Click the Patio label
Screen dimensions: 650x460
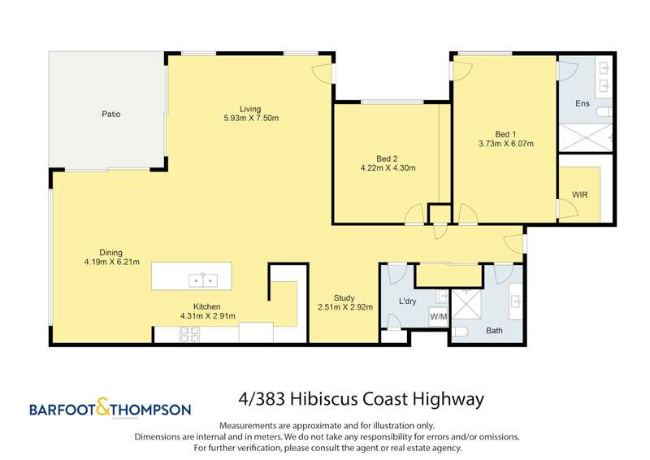111,114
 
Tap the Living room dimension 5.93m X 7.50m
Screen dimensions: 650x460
251,118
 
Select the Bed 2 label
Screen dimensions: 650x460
388,158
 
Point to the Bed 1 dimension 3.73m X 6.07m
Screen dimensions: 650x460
506,144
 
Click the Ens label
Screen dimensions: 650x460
583,103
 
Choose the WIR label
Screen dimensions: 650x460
580,194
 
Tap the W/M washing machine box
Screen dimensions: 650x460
439,317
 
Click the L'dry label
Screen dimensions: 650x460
407,302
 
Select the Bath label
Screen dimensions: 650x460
494,331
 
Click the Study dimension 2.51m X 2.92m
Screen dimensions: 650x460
345,307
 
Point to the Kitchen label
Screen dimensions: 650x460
207,306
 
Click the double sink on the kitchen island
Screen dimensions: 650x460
203,280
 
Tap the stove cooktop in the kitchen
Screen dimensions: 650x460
189,334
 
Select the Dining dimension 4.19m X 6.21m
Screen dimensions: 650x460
112,263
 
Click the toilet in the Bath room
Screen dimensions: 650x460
461,332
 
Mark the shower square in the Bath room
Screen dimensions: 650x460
466,304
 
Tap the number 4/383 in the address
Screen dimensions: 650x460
262,399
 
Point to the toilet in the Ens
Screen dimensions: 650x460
604,112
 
